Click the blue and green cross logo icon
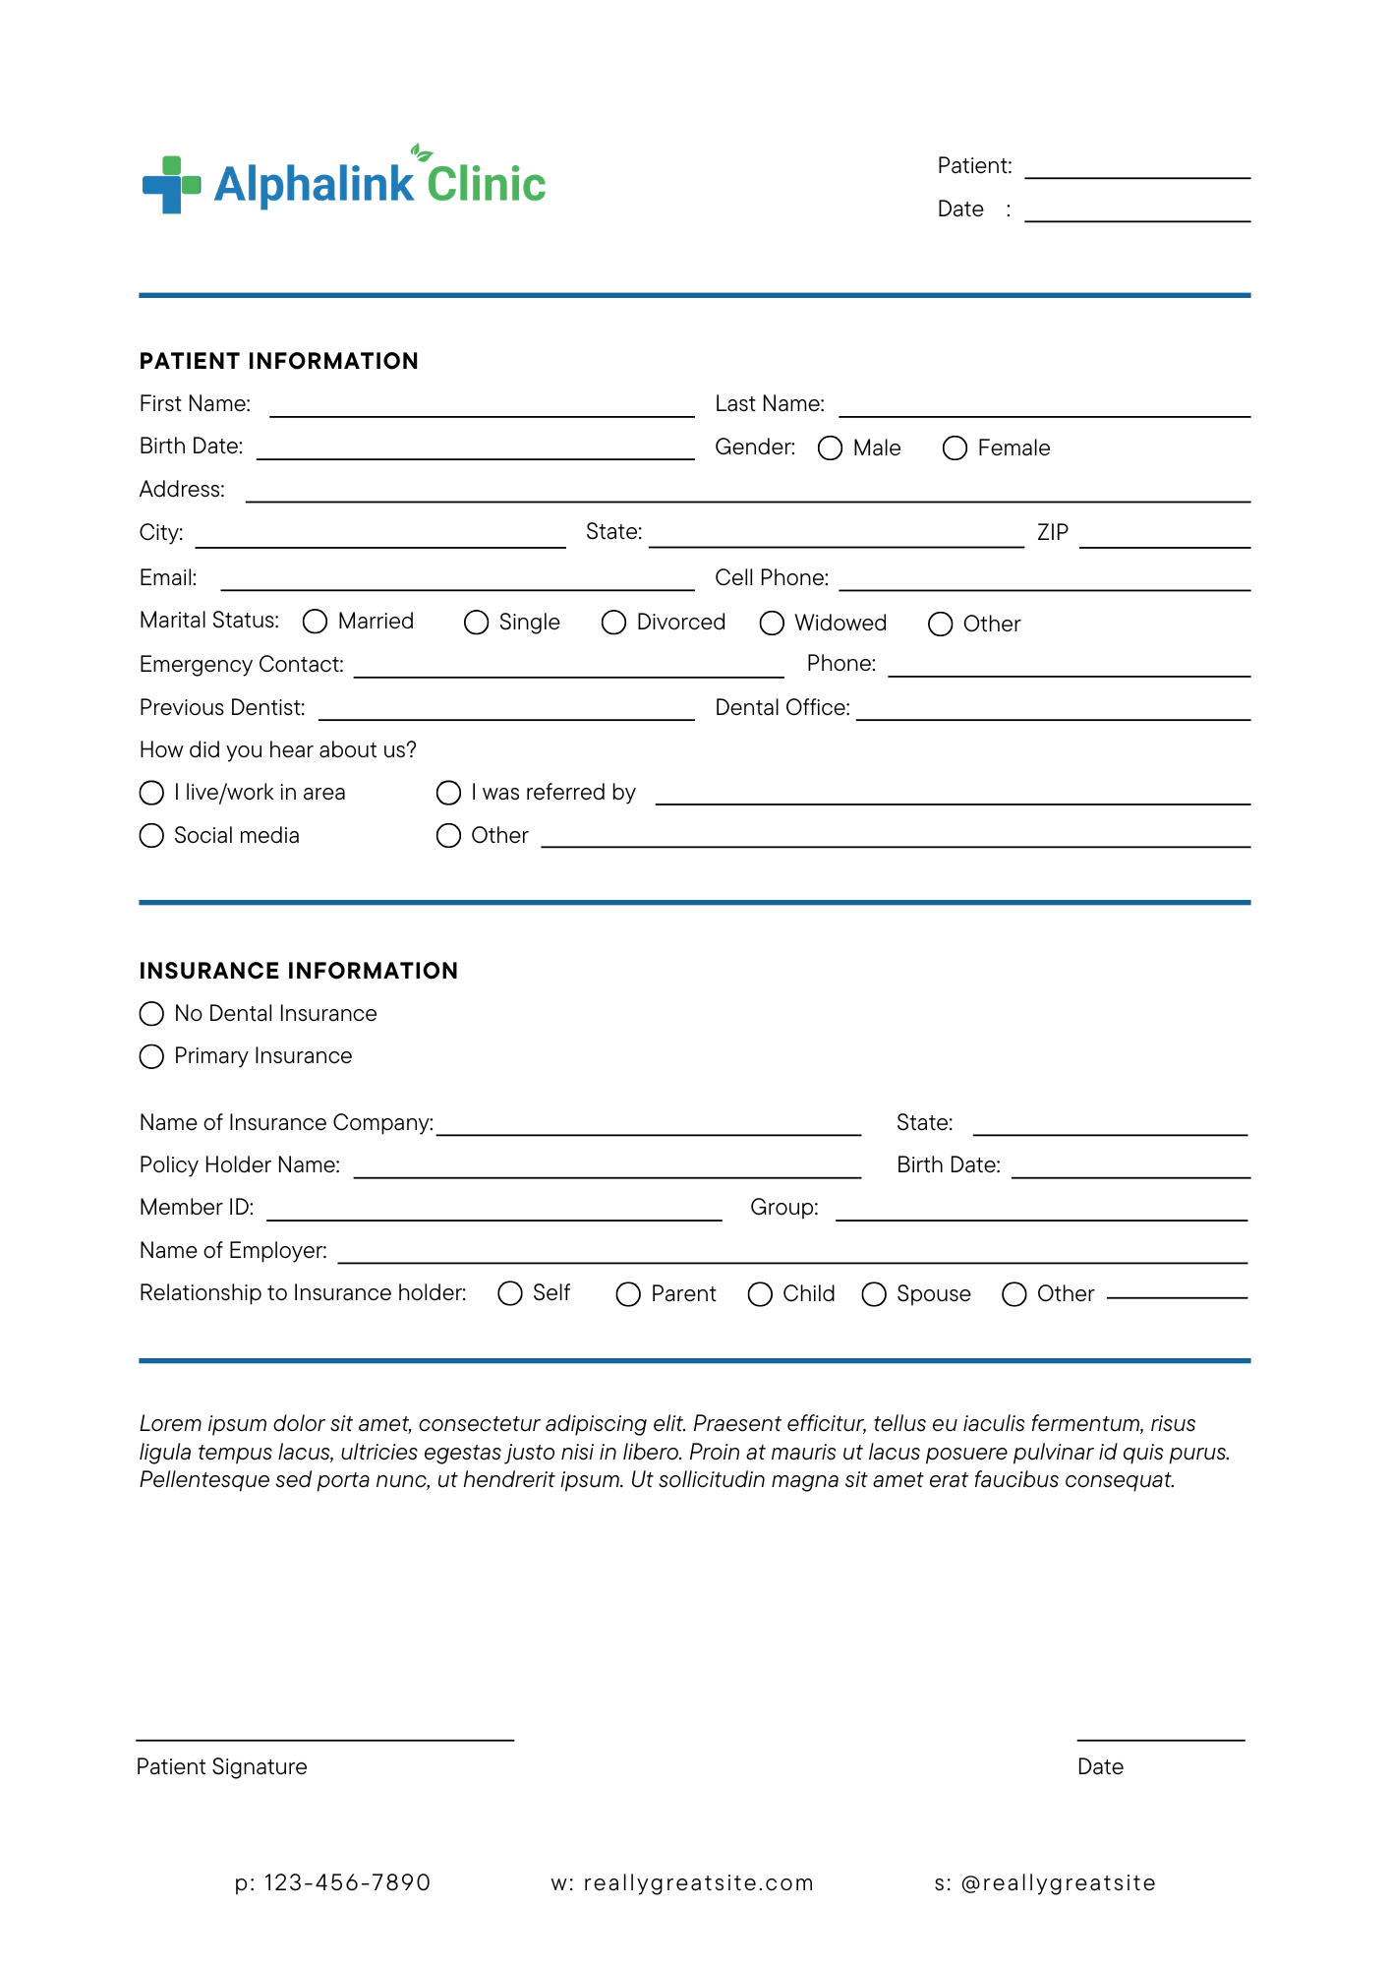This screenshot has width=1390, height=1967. (x=171, y=185)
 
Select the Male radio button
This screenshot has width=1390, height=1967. (x=830, y=448)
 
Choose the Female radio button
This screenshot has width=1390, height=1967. (x=955, y=448)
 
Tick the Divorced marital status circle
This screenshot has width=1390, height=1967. (x=613, y=623)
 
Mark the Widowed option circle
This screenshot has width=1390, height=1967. (x=772, y=624)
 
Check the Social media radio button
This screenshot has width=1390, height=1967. (x=151, y=836)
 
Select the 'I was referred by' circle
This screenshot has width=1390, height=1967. (x=448, y=793)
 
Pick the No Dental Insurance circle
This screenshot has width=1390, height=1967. (x=151, y=1014)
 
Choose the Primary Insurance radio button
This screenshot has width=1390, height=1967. (x=151, y=1056)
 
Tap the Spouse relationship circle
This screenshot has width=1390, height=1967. (x=874, y=1294)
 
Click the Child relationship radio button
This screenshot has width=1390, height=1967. (x=760, y=1294)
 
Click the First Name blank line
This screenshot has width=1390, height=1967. (x=482, y=409)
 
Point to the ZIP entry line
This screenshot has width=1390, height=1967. (x=1164, y=540)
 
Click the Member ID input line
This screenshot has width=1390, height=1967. (x=493, y=1213)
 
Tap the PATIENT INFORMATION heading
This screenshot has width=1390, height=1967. (x=279, y=361)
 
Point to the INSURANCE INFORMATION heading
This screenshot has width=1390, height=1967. (x=299, y=971)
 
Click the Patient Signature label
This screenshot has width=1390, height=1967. (x=221, y=1766)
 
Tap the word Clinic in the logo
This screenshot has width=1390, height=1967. (x=486, y=185)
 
